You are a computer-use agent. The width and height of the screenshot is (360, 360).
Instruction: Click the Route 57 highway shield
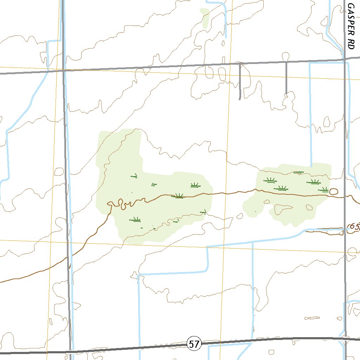tap(194, 344)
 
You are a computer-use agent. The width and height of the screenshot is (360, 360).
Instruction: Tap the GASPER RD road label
tap(351, 26)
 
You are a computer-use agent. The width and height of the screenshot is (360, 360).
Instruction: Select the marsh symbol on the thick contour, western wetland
tap(179, 196)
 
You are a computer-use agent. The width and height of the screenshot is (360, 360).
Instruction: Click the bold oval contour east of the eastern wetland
tap(333, 191)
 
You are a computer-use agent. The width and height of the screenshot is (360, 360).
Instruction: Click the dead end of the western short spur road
tap(240, 99)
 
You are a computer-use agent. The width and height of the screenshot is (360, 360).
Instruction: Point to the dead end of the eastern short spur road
tap(286, 94)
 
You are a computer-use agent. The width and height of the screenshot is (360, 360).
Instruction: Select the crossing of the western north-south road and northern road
tap(64, 71)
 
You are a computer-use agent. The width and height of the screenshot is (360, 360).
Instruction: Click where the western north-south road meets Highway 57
tap(71, 351)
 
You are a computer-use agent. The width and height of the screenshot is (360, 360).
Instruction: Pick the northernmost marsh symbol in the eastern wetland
tap(298, 172)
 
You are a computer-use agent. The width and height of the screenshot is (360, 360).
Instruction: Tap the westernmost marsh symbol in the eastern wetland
tap(270, 181)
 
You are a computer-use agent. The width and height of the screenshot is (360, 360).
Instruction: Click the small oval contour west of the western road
tap(59, 172)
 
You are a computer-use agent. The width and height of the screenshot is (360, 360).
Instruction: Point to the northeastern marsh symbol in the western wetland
tap(195, 185)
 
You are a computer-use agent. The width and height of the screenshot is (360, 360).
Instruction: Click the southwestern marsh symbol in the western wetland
tap(135, 220)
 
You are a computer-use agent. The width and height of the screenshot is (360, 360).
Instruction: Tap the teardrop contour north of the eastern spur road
tap(285, 56)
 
